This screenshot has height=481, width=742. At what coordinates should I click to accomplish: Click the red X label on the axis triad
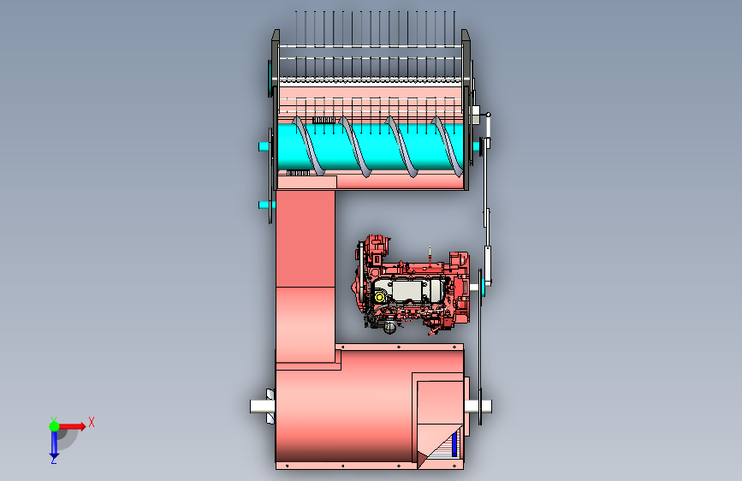pos(92,422)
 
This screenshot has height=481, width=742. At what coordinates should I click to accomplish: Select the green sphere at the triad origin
pos(55,426)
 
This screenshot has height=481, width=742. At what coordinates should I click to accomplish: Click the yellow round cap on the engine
pos(379,297)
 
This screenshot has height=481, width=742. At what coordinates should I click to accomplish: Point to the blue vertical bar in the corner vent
pos(454,445)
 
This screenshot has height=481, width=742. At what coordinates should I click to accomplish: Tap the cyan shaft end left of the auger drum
pos(264,146)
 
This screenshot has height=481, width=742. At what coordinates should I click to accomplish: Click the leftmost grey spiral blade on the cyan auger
pos(309,146)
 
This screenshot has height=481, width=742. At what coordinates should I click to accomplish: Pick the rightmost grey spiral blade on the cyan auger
pos(448,146)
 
